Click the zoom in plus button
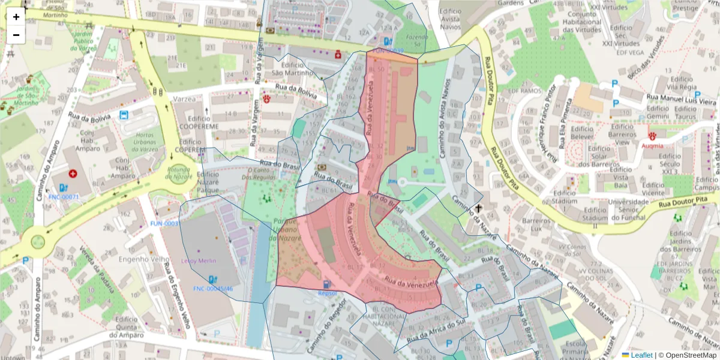click(x=16, y=17)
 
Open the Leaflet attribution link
click(x=637, y=355)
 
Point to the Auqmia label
click(x=652, y=145)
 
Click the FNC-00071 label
click(x=64, y=196)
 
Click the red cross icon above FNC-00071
click(x=73, y=174)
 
